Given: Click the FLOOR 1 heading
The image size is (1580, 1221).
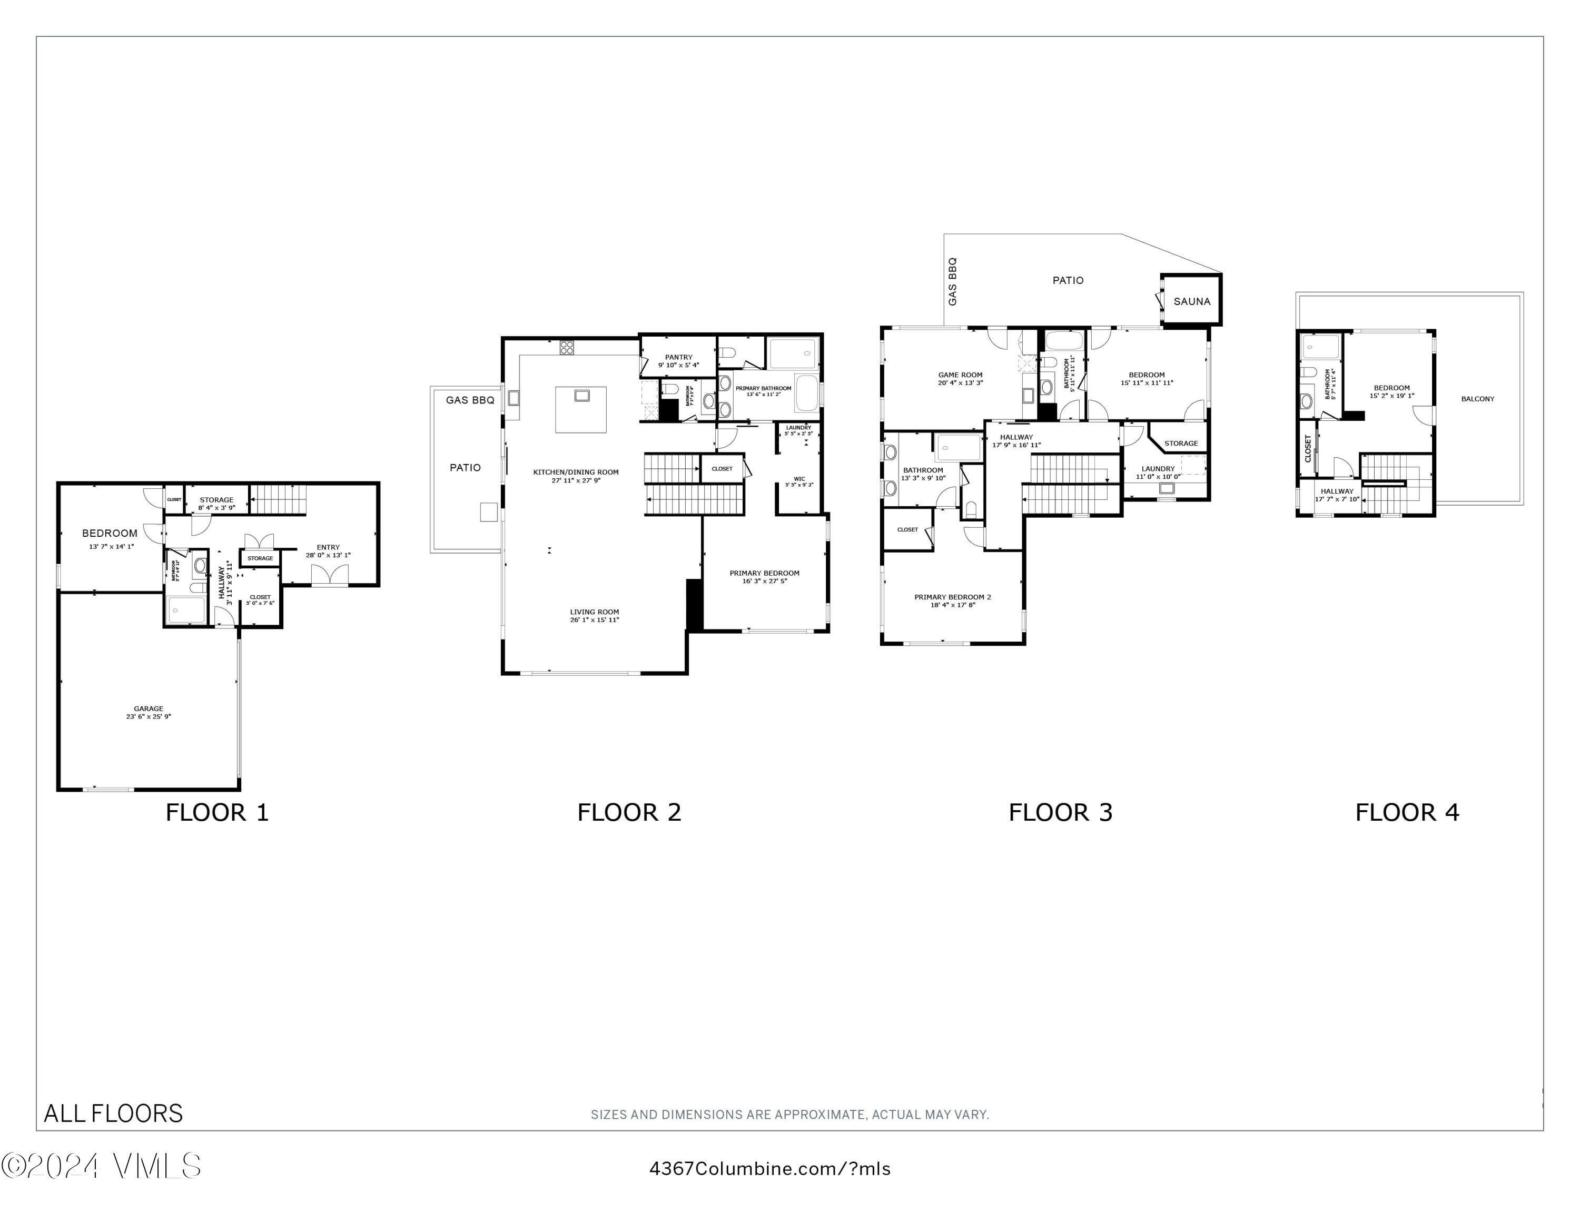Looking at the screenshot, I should [x=217, y=812].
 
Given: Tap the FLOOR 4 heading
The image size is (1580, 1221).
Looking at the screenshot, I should [x=1407, y=812].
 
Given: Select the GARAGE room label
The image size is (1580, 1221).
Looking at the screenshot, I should [x=149, y=709].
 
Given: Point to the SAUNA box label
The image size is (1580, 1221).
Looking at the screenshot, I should [x=1191, y=302].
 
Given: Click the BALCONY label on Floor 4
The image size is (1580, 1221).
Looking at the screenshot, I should [x=1477, y=399].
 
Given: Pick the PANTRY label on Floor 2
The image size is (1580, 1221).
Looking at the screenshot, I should [x=678, y=357].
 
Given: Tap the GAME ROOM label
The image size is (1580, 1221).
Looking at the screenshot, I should [x=960, y=375].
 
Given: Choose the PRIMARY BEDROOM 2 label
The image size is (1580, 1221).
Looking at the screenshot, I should [x=952, y=597].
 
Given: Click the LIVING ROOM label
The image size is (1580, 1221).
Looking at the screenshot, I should [x=594, y=612].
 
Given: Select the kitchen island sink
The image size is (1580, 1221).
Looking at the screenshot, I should [x=581, y=395].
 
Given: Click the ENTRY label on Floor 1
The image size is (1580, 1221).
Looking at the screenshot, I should [x=328, y=548].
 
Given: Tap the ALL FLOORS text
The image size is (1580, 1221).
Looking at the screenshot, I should [x=114, y=1113].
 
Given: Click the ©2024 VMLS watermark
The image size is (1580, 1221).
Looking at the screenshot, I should [x=101, y=1166].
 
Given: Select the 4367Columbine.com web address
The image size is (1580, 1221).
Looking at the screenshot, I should [x=770, y=1169].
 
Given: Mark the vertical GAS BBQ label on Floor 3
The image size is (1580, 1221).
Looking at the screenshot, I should [x=952, y=281].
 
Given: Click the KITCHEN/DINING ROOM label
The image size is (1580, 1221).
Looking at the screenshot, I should [x=576, y=472].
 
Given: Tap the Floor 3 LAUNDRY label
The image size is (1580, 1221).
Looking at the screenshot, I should [x=1158, y=469].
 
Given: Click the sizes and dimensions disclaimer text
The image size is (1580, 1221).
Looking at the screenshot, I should [x=789, y=1115].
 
